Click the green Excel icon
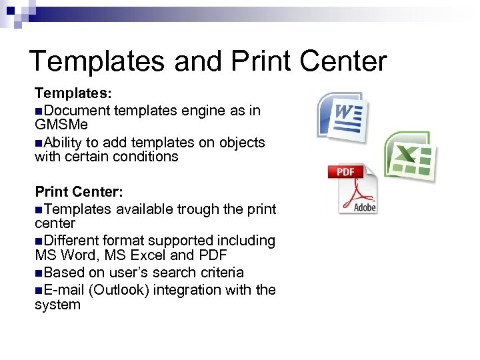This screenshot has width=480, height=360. (409, 157)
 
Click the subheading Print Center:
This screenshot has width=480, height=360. (79, 192)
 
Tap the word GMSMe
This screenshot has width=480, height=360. (61, 125)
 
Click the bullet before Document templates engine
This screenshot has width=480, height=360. (39, 110)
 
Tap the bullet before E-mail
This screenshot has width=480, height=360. (39, 290)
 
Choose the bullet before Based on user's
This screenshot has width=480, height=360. (39, 273)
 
